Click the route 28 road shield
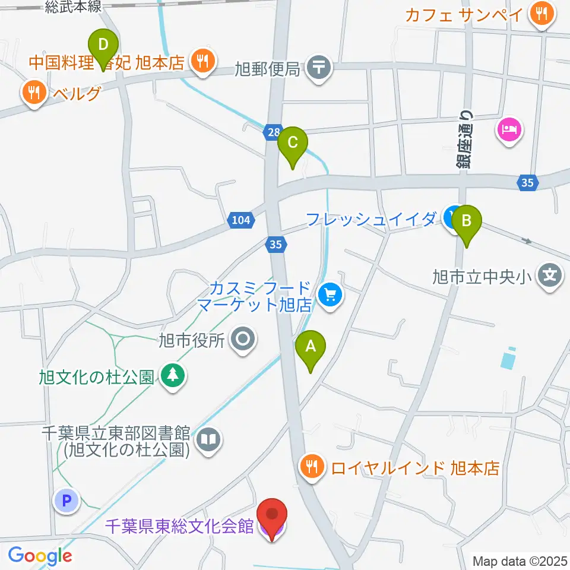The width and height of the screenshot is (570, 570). tap(272, 134)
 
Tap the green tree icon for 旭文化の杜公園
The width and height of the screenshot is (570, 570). tap(173, 375)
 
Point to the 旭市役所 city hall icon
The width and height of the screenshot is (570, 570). tap(243, 340)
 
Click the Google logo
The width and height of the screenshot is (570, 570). tap(40, 556)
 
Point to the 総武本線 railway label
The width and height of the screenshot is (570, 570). tap(74, 7)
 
